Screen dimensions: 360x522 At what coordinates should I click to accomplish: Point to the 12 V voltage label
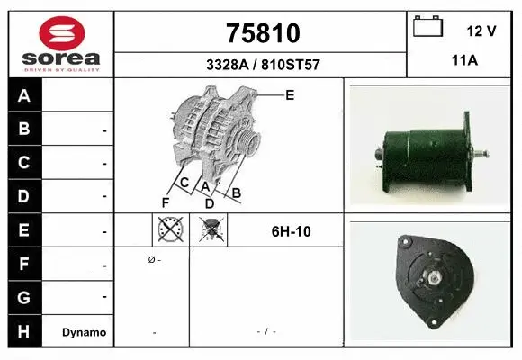[481, 31]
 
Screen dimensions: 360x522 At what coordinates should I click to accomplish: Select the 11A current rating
[463, 64]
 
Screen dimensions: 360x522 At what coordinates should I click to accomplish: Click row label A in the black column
[24, 96]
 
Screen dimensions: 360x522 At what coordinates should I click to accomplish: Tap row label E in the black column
[24, 230]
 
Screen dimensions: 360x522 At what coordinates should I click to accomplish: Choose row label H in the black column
[24, 331]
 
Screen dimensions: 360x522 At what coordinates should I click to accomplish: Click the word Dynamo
[84, 332]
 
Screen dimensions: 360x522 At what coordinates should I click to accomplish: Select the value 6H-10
[291, 231]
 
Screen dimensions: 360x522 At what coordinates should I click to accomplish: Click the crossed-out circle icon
[168, 231]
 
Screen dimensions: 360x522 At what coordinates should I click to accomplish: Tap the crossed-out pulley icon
[213, 231]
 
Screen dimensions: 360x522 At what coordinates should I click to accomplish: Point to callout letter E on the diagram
[290, 94]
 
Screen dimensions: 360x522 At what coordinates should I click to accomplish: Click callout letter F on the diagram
[165, 201]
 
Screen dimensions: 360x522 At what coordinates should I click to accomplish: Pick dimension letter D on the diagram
[209, 202]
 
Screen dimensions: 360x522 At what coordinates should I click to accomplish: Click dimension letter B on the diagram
[236, 192]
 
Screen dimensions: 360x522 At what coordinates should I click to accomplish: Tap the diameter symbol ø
[150, 259]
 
